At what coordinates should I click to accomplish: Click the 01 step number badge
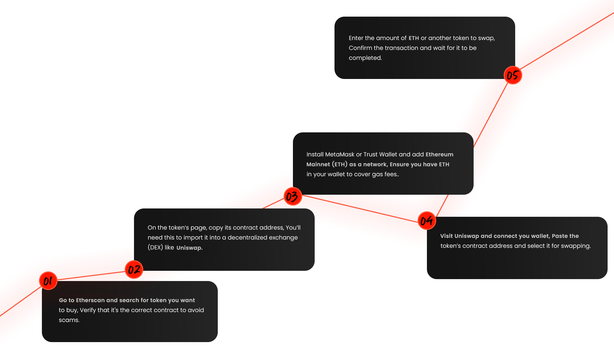48,281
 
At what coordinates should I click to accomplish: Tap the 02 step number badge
134,270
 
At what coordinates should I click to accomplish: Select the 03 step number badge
292,196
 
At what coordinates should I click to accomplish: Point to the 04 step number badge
427,221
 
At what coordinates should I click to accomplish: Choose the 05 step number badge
513,75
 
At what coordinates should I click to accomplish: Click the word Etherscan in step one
90,300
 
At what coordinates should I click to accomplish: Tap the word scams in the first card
68,320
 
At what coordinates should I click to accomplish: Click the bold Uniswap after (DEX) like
189,248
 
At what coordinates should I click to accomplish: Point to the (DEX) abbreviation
155,247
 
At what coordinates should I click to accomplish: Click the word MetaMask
340,154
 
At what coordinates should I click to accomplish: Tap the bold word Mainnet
318,164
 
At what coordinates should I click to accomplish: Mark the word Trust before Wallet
370,154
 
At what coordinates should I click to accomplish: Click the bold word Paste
559,236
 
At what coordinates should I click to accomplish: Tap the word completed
365,58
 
